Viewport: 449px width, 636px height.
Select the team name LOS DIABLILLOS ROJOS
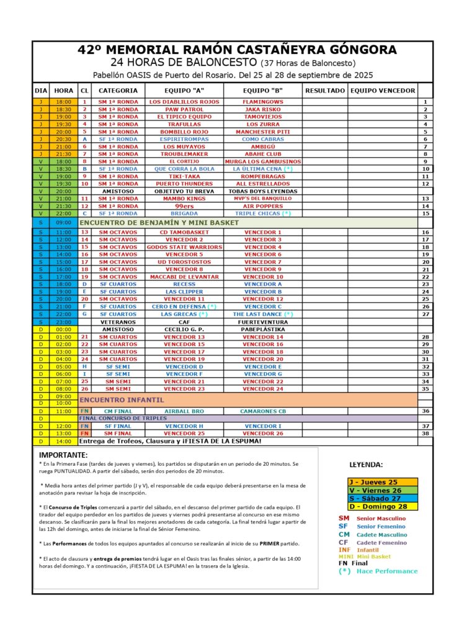coord(184,101)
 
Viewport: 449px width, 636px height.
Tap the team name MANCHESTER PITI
coord(263,132)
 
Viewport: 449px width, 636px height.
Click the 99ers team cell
coord(184,206)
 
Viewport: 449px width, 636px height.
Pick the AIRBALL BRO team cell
coord(184,411)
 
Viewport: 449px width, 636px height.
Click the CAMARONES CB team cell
coord(263,411)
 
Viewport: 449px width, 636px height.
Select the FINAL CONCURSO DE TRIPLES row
coord(124,419)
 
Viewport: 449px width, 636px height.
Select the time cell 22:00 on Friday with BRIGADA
coord(63,213)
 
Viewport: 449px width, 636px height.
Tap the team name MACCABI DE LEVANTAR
coord(184,276)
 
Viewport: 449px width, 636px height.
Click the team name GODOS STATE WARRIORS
coord(184,247)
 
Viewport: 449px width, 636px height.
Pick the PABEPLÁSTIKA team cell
coord(263,330)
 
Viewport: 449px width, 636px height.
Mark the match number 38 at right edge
coord(425,434)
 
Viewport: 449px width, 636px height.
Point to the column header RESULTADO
coord(324,91)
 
